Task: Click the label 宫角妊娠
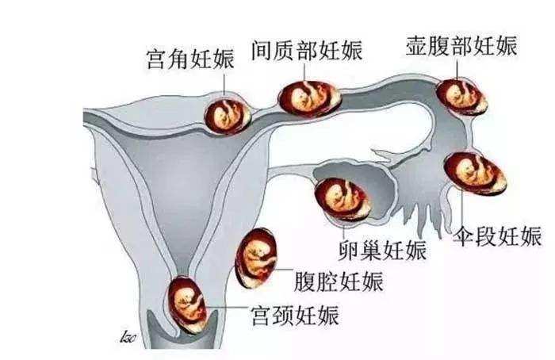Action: [190, 59]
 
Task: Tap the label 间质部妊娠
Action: [307, 51]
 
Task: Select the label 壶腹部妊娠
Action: [461, 46]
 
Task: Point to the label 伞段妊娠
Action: [497, 236]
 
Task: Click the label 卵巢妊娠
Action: [382, 251]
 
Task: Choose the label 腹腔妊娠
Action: [339, 281]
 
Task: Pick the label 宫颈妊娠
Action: [295, 316]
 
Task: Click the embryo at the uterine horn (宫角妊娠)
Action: [228, 116]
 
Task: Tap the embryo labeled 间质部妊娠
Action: [309, 98]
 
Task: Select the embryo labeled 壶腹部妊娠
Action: [461, 97]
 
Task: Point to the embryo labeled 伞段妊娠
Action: [475, 173]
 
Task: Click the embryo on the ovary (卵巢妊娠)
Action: [343, 199]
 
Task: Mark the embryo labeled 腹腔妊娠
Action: [256, 258]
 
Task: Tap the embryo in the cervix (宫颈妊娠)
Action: [187, 304]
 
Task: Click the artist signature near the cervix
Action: [128, 336]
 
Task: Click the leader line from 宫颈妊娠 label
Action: [227, 307]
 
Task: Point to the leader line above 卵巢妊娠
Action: [343, 230]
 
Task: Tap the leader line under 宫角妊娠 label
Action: [224, 83]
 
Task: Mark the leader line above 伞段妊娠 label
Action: [462, 208]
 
